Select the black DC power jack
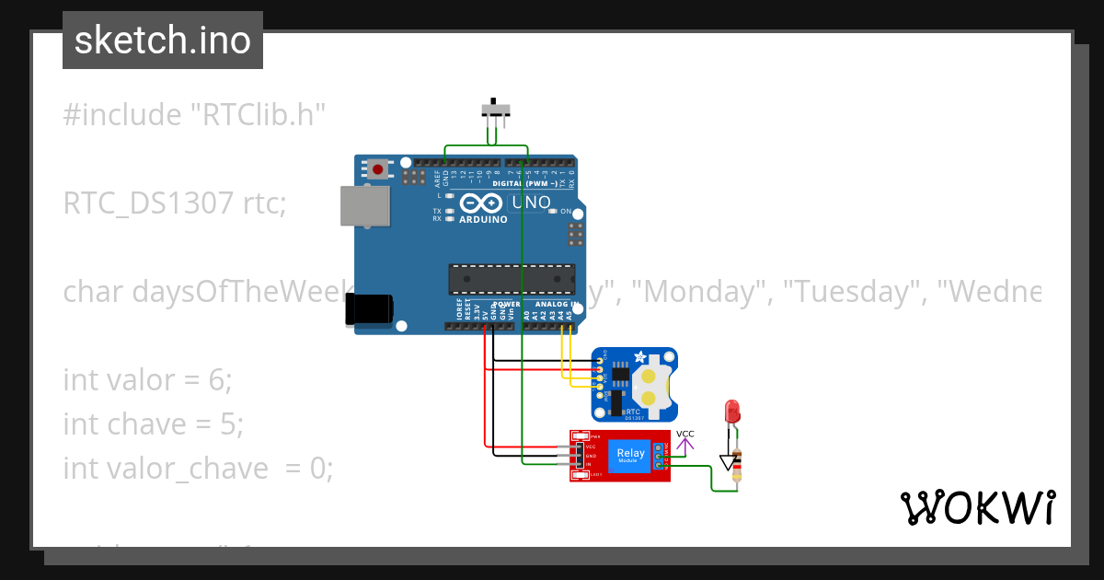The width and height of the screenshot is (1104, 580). coord(369,309)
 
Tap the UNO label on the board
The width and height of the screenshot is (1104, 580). coord(531,203)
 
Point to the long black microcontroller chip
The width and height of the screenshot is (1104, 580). coord(512,278)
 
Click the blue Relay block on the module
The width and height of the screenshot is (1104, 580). coord(631,455)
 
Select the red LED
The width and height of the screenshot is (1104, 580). coord(733,411)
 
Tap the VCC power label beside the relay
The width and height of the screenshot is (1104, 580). coord(685,434)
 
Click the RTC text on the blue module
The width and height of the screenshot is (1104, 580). coord(634,412)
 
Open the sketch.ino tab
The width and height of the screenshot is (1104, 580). coord(163,41)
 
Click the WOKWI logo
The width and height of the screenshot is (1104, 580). coord(977,507)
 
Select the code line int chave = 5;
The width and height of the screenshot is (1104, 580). coord(153,423)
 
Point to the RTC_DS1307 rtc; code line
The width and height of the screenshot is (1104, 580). coord(175,203)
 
